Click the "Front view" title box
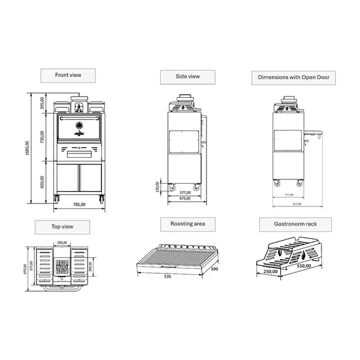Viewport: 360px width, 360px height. (68, 75)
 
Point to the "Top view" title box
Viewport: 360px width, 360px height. (62, 227)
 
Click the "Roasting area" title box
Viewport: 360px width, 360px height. (187, 224)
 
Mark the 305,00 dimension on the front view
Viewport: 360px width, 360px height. (41, 103)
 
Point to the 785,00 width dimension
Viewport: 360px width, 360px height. (80, 205)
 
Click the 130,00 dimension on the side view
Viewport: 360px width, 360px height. (157, 187)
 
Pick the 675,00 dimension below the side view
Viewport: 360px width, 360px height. (184, 199)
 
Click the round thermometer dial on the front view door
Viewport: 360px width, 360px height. (79, 127)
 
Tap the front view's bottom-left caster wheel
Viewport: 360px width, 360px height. (58, 197)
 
